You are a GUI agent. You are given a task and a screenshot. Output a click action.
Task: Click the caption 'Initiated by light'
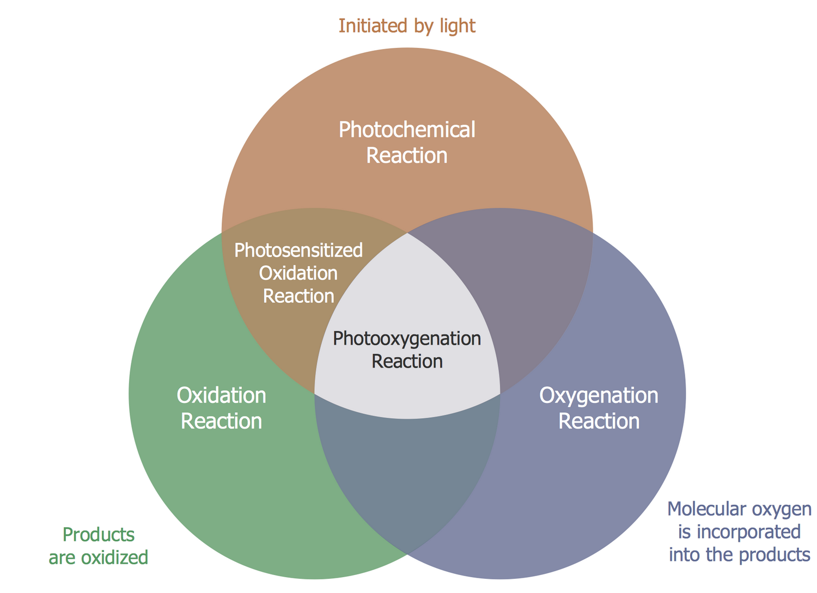[x=407, y=26]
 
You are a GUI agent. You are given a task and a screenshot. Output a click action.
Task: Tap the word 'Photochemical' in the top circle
[x=407, y=130]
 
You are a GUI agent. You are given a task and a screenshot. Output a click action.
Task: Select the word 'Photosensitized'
[x=298, y=250]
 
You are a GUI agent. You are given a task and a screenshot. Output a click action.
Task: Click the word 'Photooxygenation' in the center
[x=407, y=339]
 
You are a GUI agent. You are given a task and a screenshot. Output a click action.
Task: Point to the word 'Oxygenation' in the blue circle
[x=599, y=395]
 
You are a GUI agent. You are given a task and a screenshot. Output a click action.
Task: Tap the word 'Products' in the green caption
[x=99, y=535]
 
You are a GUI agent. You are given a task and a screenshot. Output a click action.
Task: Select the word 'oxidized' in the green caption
[x=114, y=558]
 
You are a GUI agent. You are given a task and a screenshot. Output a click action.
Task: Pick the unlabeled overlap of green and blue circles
[x=407, y=468]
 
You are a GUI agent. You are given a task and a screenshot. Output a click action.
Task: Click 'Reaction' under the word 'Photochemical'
[x=407, y=156]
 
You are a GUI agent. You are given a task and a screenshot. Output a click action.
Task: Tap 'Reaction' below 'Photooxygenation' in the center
[x=407, y=362]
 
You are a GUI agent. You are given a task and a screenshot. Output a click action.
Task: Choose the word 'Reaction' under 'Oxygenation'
[x=599, y=421]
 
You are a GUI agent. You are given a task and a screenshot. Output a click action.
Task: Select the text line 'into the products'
[x=739, y=555]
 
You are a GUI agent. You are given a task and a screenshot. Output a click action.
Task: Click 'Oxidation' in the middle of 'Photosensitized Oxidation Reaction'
[x=298, y=273]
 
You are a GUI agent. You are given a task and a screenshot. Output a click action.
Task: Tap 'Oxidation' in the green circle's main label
[x=221, y=395]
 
